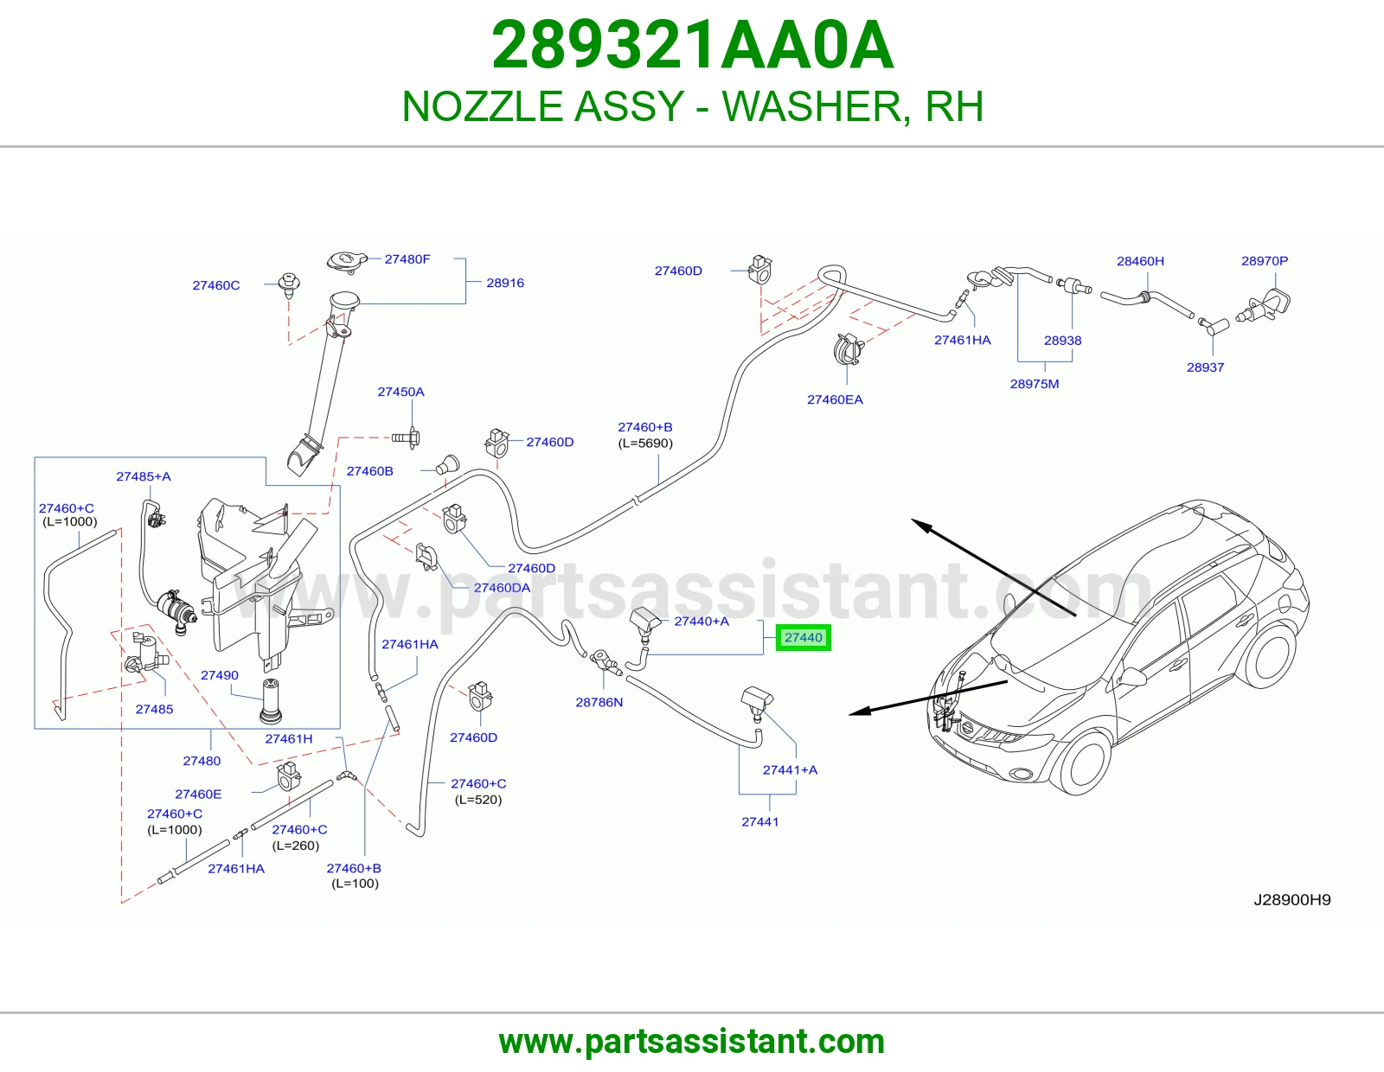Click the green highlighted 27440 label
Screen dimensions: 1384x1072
point(803,637)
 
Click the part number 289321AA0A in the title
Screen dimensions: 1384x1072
point(692,45)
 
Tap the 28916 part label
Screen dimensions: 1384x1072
point(505,283)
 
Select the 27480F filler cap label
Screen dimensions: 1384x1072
point(407,259)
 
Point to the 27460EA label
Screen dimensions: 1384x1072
point(835,399)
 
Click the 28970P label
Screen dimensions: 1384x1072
point(1265,261)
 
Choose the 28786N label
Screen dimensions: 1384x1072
point(599,702)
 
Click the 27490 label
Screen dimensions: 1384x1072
point(220,675)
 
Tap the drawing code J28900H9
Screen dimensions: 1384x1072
point(1292,899)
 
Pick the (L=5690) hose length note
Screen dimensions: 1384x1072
point(645,443)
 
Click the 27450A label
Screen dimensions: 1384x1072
point(400,392)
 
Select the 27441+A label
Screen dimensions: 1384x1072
point(791,769)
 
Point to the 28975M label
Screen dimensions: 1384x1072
point(1035,384)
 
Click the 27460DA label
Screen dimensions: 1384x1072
point(502,588)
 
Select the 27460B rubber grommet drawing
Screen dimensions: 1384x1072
point(448,465)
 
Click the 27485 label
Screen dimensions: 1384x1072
point(154,709)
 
